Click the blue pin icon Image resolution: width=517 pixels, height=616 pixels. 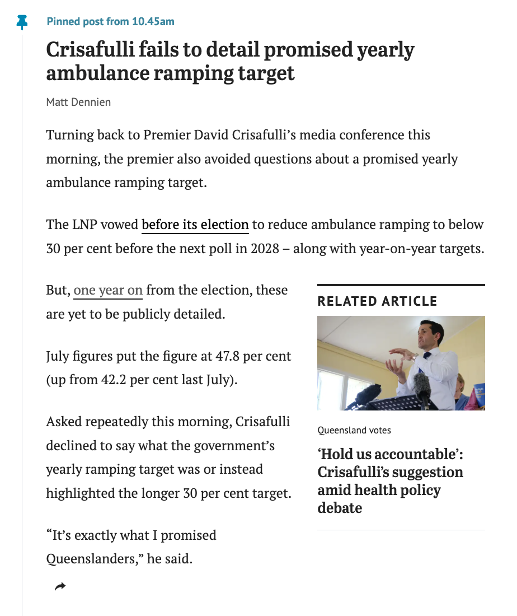[22, 22]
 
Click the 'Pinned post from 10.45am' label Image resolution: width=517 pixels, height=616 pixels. [110, 22]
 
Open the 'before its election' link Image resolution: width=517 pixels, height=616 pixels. [195, 225]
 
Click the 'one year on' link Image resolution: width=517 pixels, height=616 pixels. [108, 290]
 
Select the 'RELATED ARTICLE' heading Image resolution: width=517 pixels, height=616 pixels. [377, 301]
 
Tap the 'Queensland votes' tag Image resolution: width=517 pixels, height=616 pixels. [354, 430]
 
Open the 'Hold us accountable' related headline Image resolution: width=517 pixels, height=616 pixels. [390, 481]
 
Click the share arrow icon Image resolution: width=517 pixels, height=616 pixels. [60, 586]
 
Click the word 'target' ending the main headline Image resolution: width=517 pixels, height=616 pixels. [266, 73]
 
